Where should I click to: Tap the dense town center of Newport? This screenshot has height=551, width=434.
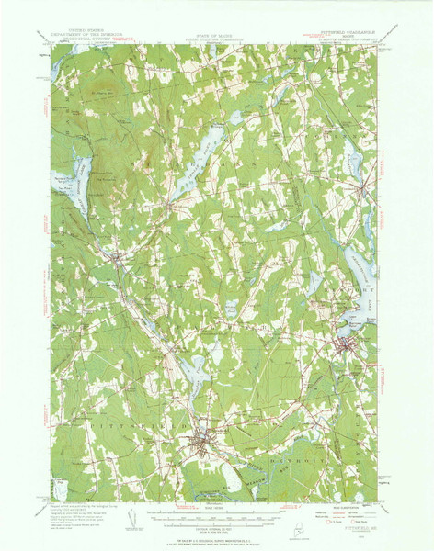point(345,346)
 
